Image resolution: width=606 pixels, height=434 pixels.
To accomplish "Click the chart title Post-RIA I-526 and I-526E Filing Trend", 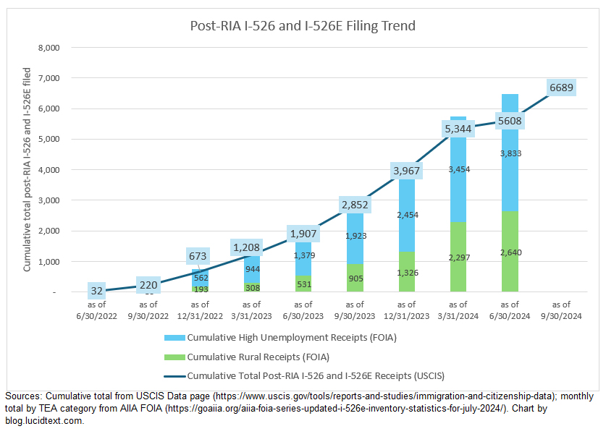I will tap(303, 26).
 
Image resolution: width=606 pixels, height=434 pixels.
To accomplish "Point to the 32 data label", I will tap(96, 292).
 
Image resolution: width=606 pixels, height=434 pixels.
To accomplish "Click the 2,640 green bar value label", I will tap(510, 252).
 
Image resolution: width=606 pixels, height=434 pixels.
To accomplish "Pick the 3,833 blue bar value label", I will tap(510, 153).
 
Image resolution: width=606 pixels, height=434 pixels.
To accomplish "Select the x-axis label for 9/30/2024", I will tap(562, 310).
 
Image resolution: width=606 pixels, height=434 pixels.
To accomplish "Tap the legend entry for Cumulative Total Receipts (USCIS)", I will tap(315, 375).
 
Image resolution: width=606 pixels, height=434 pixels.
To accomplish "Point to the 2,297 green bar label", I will tap(458, 258).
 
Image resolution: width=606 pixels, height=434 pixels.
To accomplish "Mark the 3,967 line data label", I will tap(407, 171).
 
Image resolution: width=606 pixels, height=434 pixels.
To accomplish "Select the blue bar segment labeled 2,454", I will tap(407, 215).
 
